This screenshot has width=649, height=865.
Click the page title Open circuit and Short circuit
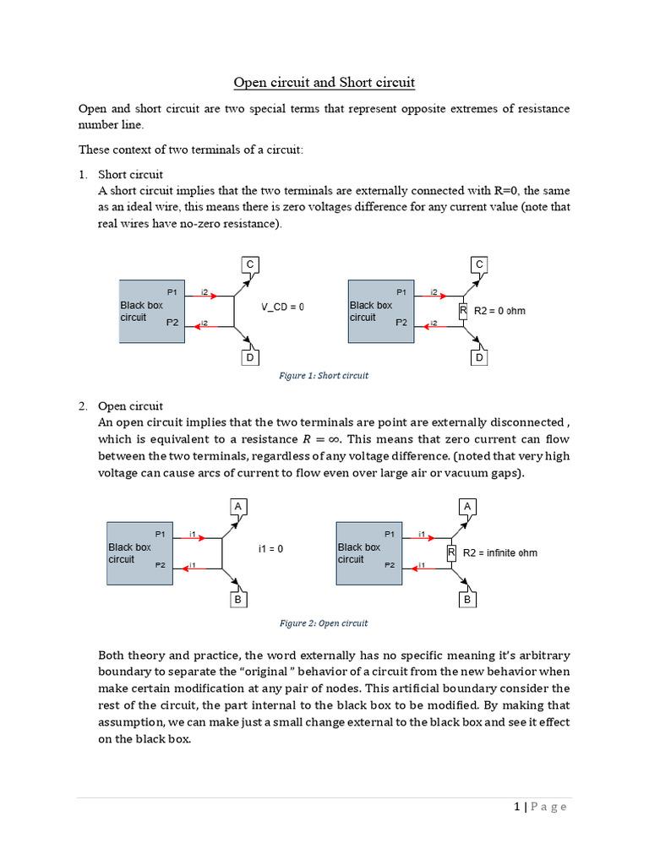point(324,82)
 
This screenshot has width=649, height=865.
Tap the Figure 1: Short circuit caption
point(324,375)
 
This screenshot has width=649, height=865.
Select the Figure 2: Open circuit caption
point(324,623)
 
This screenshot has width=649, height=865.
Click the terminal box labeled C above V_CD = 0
point(250,265)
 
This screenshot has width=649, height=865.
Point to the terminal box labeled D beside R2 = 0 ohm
point(479,357)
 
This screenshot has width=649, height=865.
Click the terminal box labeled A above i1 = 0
point(238,507)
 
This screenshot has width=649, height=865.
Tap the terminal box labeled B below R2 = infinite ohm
point(466,600)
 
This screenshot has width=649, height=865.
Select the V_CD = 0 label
point(282,307)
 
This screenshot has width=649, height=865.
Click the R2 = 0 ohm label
point(499,311)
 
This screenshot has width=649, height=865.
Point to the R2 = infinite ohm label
point(500,553)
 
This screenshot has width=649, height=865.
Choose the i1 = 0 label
point(270,549)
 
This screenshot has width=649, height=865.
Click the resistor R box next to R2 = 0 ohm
point(462,311)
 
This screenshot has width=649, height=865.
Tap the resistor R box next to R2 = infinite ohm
point(451,553)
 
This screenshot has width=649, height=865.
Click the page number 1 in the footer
point(516,807)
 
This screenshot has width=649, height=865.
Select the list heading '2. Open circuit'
point(121,406)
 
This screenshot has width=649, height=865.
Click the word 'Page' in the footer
point(549,807)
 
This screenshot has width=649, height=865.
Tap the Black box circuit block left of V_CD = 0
point(151,311)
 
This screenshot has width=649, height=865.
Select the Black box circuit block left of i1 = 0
point(139,553)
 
